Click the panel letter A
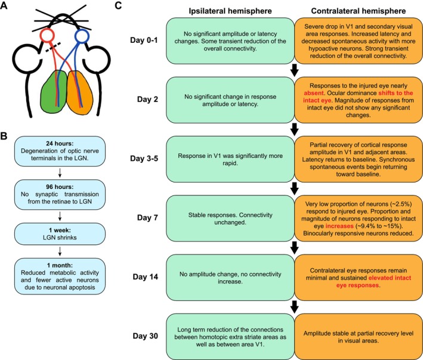(x=4, y=5)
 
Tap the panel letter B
(x=4, y=136)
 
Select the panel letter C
(x=119, y=5)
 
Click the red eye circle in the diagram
(x=48, y=35)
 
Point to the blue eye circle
(x=82, y=36)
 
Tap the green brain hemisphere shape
(x=54, y=91)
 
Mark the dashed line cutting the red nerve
(x=53, y=47)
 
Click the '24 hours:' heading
(x=60, y=144)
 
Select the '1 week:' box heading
(x=60, y=230)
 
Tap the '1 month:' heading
(x=60, y=265)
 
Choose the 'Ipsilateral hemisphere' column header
(x=230, y=11)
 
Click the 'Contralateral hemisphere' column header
(x=358, y=11)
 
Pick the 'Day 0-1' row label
(x=144, y=40)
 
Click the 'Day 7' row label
(x=147, y=218)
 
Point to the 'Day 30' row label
(x=146, y=336)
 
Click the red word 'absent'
(x=313, y=93)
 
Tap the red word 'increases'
(x=339, y=226)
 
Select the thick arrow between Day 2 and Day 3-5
(x=294, y=129)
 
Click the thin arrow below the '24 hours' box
(x=60, y=173)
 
